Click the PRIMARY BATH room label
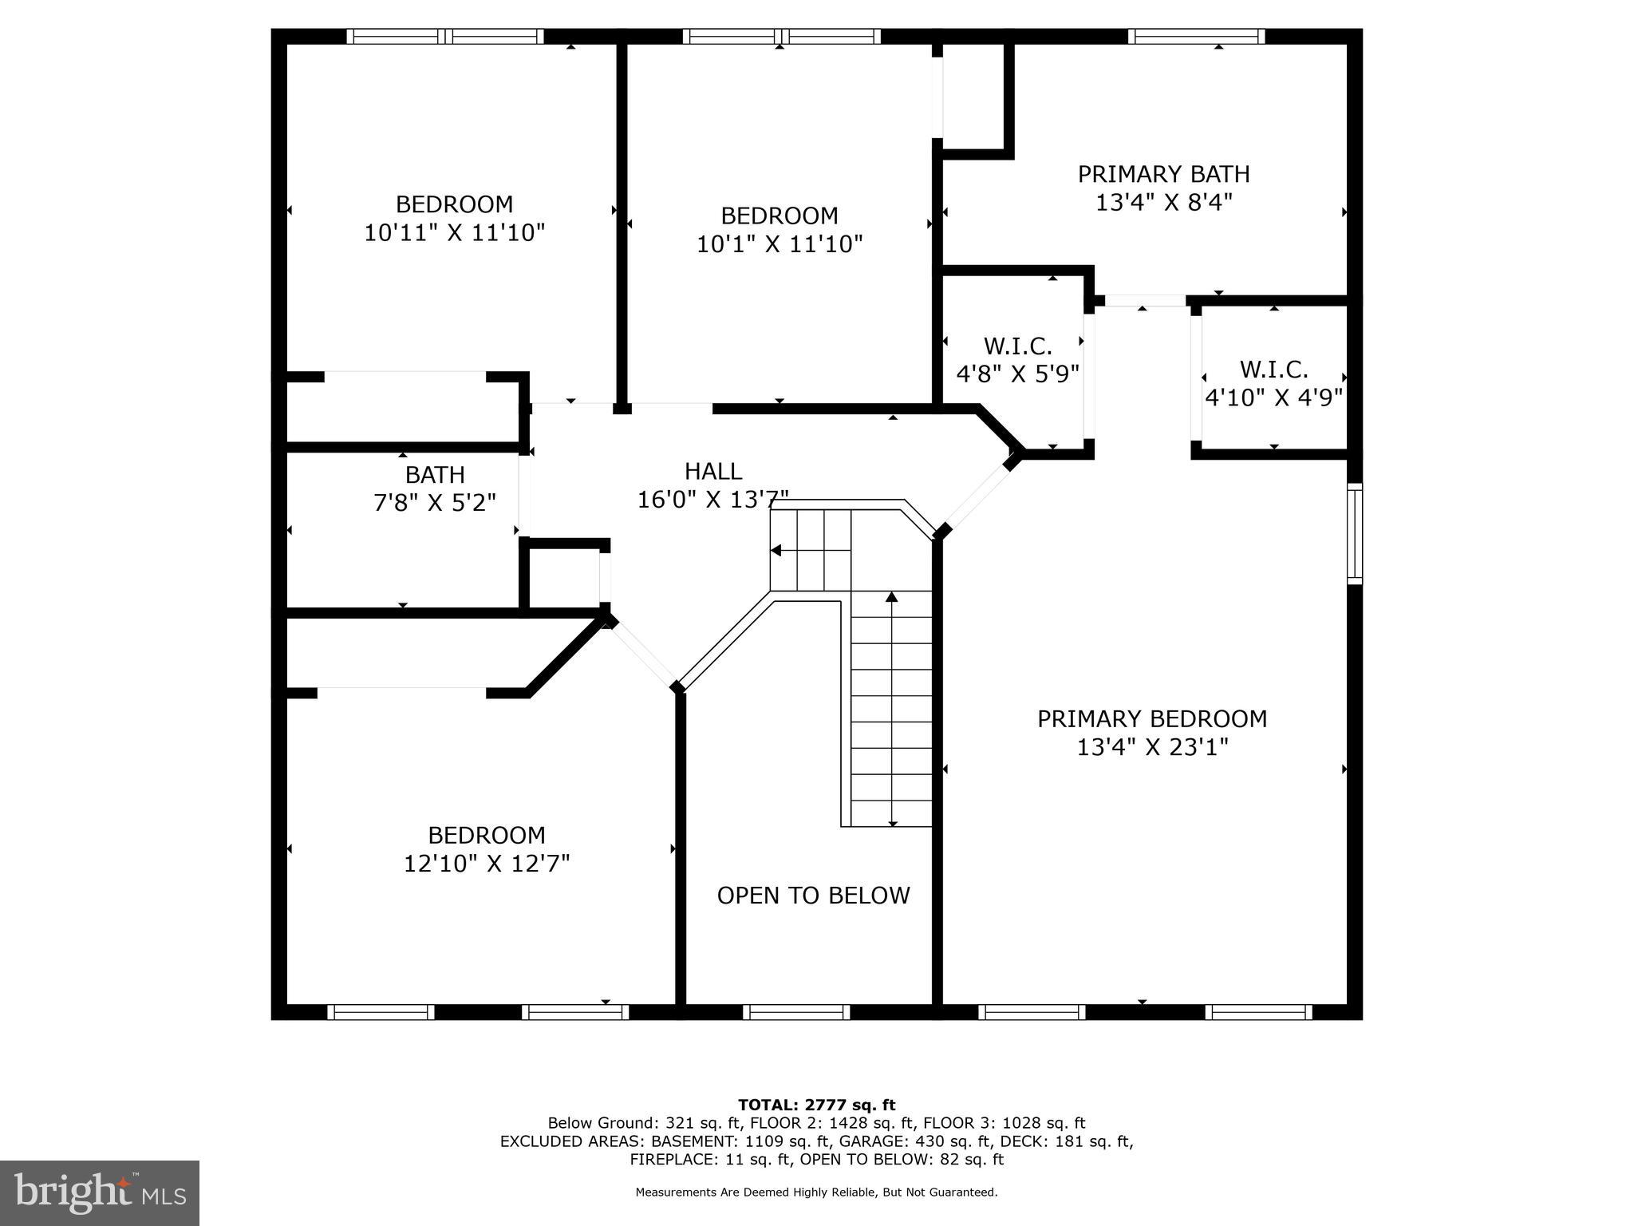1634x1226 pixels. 1163,174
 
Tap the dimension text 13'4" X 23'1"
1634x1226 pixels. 1152,748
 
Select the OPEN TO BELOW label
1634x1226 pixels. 813,896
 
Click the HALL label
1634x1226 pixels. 712,471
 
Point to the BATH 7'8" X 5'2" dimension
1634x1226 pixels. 435,503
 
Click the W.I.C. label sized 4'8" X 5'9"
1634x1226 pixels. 1017,346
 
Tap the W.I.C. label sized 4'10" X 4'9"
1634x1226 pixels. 1273,370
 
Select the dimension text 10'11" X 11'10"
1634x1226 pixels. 454,233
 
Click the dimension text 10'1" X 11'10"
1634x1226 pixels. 780,244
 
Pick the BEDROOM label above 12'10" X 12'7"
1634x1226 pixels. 487,835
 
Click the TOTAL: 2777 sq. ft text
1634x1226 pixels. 816,1105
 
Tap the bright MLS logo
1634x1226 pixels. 100,1193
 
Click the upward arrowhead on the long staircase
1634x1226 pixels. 892,597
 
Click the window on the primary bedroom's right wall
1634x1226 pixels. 1354,533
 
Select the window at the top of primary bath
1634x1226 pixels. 1196,36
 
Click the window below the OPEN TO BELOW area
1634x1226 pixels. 796,1011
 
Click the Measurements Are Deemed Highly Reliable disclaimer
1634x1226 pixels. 816,1192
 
